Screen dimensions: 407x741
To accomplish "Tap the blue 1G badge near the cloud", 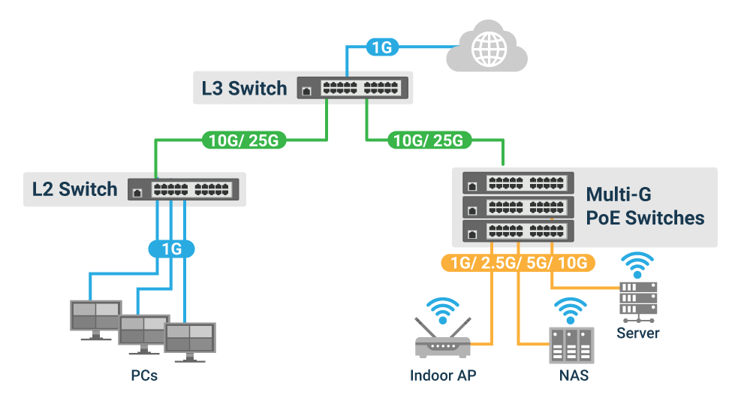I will pyautogui.click(x=382, y=48).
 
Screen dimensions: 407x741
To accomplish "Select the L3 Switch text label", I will pyautogui.click(x=244, y=89).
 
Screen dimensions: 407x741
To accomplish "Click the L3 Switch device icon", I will pyautogui.click(x=353, y=89).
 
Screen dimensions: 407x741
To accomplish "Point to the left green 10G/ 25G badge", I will pyautogui.click(x=244, y=140).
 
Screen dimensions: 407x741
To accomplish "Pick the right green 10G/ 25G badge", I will pyautogui.click(x=429, y=140).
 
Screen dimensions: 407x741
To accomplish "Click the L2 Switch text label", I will pyautogui.click(x=74, y=189).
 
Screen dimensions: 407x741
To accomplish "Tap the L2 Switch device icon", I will pyautogui.click(x=184, y=189).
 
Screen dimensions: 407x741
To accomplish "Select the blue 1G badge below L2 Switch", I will pyautogui.click(x=172, y=249).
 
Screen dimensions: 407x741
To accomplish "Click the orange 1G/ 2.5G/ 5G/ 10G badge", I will pyautogui.click(x=518, y=263).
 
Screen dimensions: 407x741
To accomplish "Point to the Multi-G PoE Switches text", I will pyautogui.click(x=645, y=207).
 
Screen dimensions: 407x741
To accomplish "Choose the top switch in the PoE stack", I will pyautogui.click(x=517, y=182).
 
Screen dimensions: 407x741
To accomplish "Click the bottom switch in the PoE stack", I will pyautogui.click(x=517, y=231).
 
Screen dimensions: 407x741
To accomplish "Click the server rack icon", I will pyautogui.click(x=637, y=299).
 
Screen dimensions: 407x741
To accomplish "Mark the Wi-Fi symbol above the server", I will pyautogui.click(x=637, y=264).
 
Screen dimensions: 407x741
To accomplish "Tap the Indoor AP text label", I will pyautogui.click(x=443, y=375).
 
